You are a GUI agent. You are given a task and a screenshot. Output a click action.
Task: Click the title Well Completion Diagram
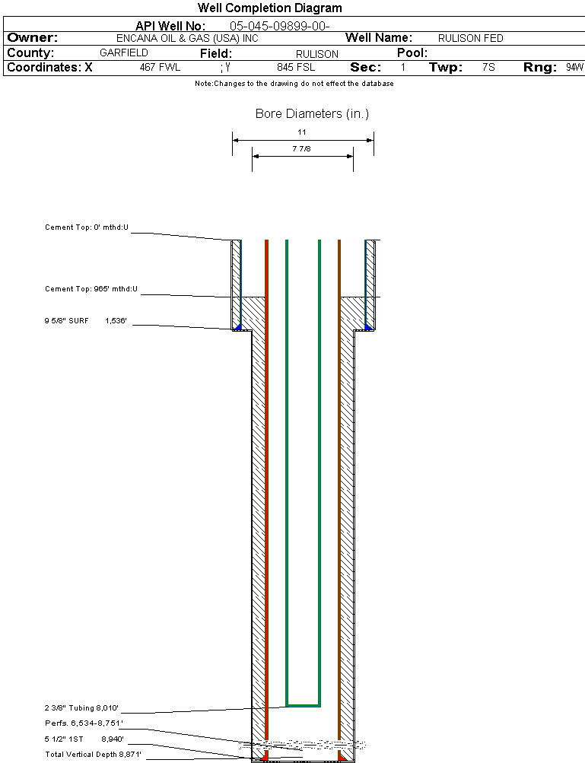pyautogui.click(x=270, y=8)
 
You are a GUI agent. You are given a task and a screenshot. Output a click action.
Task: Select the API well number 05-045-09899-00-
pyautogui.click(x=279, y=26)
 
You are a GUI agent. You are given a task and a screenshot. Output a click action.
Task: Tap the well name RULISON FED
pyautogui.click(x=471, y=39)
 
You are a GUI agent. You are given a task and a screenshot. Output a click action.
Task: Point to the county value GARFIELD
pyautogui.click(x=124, y=53)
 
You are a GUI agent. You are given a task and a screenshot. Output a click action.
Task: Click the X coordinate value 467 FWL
pyautogui.click(x=160, y=68)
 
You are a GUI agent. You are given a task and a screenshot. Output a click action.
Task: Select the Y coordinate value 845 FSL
pyautogui.click(x=296, y=68)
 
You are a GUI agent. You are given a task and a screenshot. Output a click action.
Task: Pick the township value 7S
pyautogui.click(x=488, y=68)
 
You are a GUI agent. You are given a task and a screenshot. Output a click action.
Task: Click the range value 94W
pyautogui.click(x=574, y=68)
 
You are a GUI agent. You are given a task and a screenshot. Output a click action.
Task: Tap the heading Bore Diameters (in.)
pyautogui.click(x=312, y=114)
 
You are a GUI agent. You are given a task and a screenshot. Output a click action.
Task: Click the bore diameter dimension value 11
pyautogui.click(x=302, y=132)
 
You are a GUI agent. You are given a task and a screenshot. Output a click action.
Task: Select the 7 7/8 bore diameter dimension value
pyautogui.click(x=302, y=149)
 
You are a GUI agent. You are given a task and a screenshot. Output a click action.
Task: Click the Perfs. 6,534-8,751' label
pyautogui.click(x=84, y=723)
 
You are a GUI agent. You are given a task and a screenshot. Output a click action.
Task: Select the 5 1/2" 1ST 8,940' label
pyautogui.click(x=84, y=739)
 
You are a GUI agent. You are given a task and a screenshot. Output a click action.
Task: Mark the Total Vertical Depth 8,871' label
pyautogui.click(x=94, y=755)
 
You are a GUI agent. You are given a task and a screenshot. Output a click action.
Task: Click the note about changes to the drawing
pyautogui.click(x=294, y=84)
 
